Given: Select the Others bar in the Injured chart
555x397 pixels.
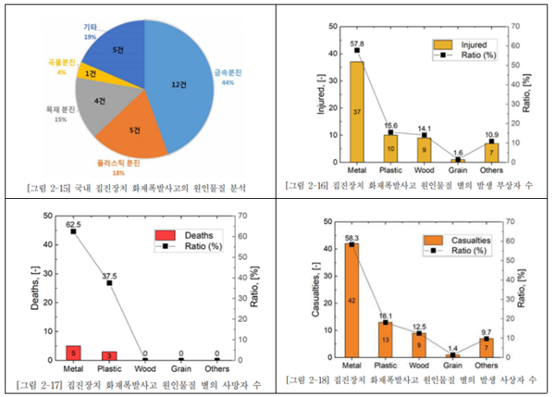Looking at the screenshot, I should click(x=492, y=148).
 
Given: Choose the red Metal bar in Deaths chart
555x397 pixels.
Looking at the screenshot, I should click(x=74, y=352).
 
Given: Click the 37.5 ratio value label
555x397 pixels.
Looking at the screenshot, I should click(x=109, y=275).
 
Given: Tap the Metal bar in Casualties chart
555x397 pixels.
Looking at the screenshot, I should click(x=352, y=301).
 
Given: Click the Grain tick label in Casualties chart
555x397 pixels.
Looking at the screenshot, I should click(x=454, y=367).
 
